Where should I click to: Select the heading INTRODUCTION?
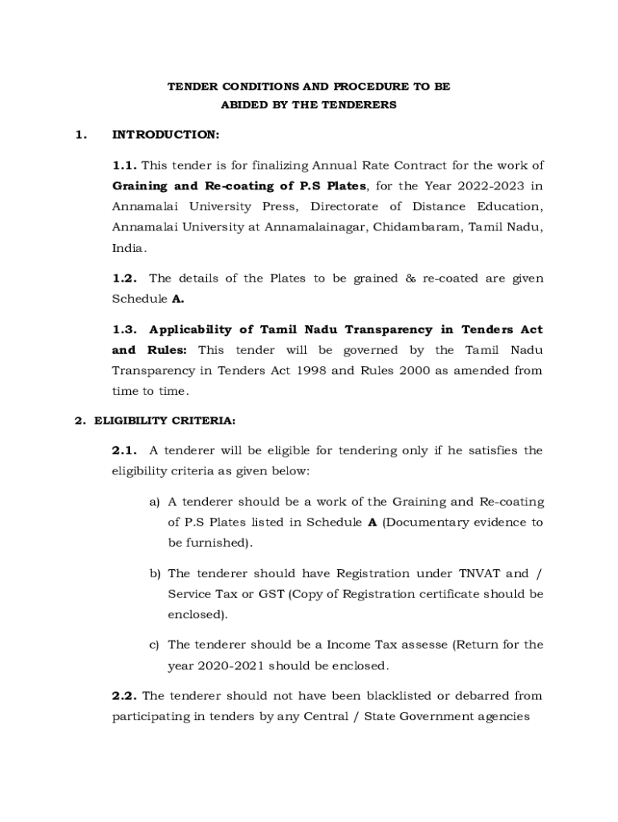point(165,134)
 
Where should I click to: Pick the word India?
point(128,248)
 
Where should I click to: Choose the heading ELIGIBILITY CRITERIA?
point(165,420)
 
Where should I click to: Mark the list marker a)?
point(154,503)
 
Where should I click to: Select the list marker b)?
point(154,574)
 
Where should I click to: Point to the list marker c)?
point(154,645)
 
